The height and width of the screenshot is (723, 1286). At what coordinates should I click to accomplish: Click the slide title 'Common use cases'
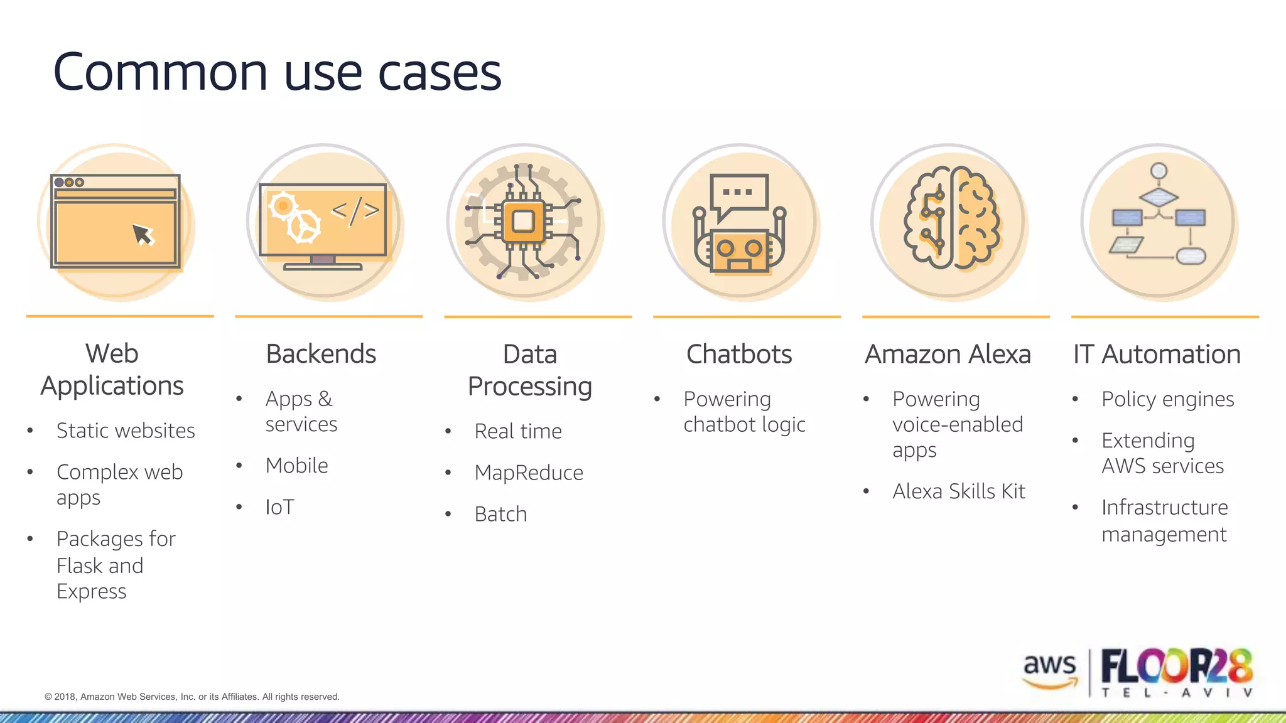pyautogui.click(x=277, y=72)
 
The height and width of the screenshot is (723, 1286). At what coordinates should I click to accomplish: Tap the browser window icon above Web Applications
pyautogui.click(x=116, y=222)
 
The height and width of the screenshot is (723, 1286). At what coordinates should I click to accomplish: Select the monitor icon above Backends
pyautogui.click(x=323, y=224)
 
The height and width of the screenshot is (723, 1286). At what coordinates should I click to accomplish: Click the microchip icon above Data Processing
pyautogui.click(x=524, y=222)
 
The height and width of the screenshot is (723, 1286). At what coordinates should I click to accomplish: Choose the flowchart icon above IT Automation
pyautogui.click(x=1159, y=220)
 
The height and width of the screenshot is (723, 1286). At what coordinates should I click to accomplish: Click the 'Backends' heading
pyautogui.click(x=321, y=354)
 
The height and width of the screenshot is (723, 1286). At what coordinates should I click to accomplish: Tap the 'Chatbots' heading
pyautogui.click(x=739, y=354)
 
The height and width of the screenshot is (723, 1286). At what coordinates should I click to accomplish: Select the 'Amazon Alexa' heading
pyautogui.click(x=948, y=354)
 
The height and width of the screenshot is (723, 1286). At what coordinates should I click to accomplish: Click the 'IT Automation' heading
pyautogui.click(x=1157, y=354)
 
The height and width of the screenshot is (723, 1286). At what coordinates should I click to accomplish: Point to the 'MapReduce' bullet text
pyautogui.click(x=529, y=473)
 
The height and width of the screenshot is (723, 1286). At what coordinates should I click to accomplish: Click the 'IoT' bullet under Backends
pyautogui.click(x=279, y=507)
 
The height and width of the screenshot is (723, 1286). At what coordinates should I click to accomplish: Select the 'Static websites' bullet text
pyautogui.click(x=126, y=431)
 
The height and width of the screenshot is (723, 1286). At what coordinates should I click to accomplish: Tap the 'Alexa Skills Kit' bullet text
pyautogui.click(x=959, y=491)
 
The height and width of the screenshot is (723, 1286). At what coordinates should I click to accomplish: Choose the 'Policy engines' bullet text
pyautogui.click(x=1167, y=399)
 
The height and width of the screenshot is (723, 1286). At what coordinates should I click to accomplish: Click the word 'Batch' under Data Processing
pyautogui.click(x=500, y=514)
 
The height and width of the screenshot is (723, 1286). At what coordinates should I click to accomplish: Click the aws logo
pyautogui.click(x=1049, y=669)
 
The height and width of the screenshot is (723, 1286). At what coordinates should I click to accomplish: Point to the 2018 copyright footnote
pyautogui.click(x=192, y=697)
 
